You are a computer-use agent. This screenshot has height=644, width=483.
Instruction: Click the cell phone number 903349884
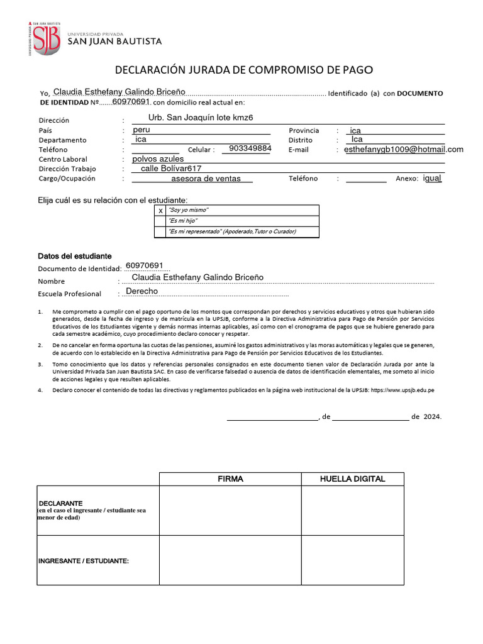pyautogui.click(x=250, y=148)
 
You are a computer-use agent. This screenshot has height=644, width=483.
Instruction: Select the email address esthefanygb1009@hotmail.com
pyautogui.click(x=404, y=150)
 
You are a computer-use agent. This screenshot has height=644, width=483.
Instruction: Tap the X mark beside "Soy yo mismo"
pyautogui.click(x=160, y=210)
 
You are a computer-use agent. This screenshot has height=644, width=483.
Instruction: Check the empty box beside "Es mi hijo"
pyautogui.click(x=160, y=221)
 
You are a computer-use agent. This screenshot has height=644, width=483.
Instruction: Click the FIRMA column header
pyautogui.click(x=230, y=479)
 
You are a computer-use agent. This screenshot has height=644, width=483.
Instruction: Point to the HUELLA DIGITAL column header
pyautogui.click(x=352, y=479)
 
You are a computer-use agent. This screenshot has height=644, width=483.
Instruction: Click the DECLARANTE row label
pyautogui.click(x=61, y=504)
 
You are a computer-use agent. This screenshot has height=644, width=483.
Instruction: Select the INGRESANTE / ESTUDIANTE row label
pyautogui.click(x=84, y=560)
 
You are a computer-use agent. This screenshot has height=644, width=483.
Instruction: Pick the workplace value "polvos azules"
pyautogui.click(x=158, y=159)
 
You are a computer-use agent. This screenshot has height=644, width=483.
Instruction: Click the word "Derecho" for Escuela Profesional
pyautogui.click(x=142, y=292)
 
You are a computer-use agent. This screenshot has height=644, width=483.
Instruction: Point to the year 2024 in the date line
pyautogui.click(x=433, y=416)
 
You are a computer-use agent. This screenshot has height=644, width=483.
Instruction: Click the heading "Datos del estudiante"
pyautogui.click(x=75, y=257)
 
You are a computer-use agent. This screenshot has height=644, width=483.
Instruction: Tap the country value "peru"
pyautogui.click(x=142, y=130)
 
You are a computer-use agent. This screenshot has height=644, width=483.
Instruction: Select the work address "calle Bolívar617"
pyautogui.click(x=170, y=169)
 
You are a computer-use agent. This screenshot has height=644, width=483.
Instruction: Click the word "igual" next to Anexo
pyautogui.click(x=433, y=178)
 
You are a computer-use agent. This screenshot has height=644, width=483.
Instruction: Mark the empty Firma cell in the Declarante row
pyautogui.click(x=230, y=510)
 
